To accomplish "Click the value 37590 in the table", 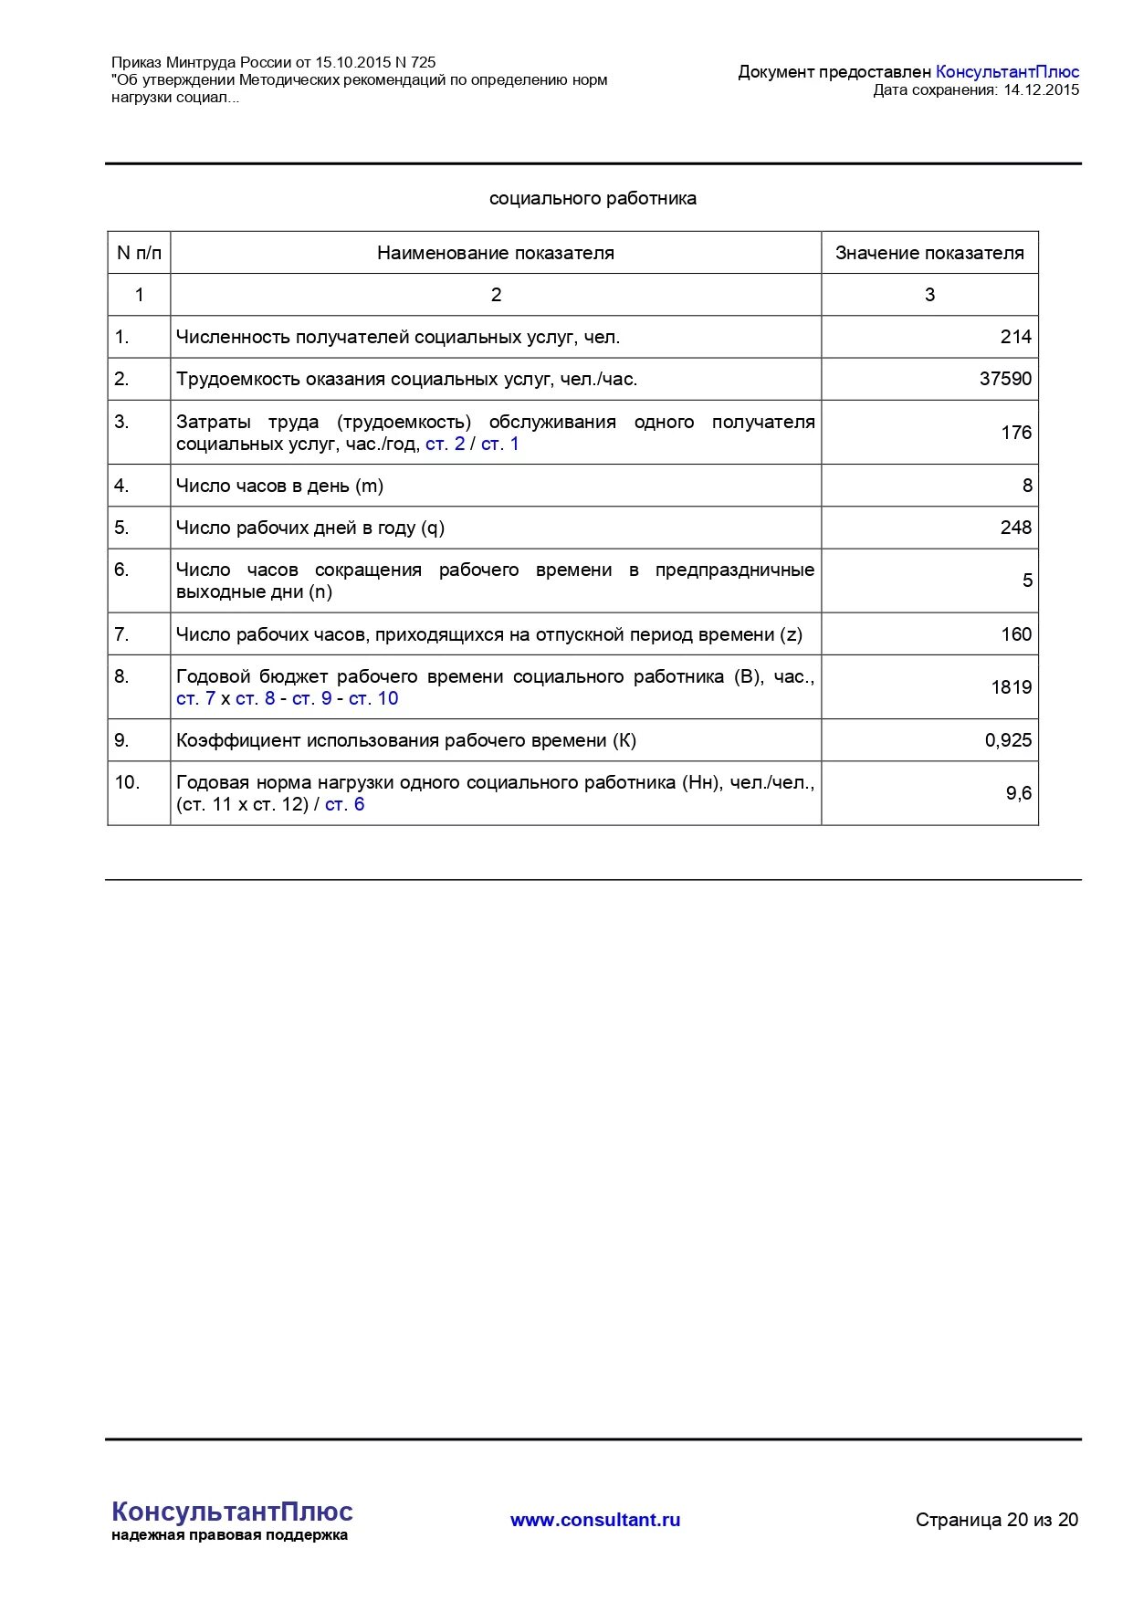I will [1005, 379].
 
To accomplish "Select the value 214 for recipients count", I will [1015, 337].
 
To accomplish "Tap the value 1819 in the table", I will [1011, 687].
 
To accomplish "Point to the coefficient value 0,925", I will [1008, 740].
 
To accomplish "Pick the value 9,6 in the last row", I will [1019, 793].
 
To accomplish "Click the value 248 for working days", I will [1015, 528].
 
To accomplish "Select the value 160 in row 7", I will [1015, 634].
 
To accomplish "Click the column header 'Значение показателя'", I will [929, 253].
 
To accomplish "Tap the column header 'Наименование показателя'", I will [496, 253].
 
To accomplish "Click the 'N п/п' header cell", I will [139, 253].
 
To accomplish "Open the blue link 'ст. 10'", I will [373, 698].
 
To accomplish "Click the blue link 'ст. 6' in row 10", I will [344, 804].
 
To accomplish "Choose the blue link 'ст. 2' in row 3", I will [445, 445].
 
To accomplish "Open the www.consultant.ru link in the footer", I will [595, 1520].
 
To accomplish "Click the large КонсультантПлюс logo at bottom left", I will [232, 1512].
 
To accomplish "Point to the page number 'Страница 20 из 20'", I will [997, 1520].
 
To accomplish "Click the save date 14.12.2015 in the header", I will [1041, 89].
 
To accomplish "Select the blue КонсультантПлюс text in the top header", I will [1007, 71].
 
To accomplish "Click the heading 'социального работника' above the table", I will [593, 198].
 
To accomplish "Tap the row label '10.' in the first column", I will [127, 782].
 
